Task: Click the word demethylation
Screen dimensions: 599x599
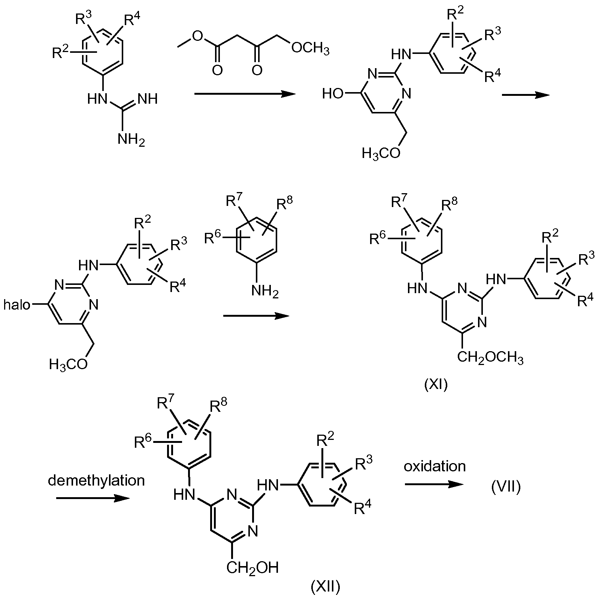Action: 96,480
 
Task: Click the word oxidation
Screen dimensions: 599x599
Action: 435,466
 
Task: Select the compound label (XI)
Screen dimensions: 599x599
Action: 436,385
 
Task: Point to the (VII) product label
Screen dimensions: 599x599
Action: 506,487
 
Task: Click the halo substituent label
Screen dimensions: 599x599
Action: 16,305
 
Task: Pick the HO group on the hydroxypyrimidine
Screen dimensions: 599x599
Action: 333,94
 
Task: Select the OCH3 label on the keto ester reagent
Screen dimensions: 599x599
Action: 310,49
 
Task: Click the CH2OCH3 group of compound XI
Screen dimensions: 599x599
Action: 490,358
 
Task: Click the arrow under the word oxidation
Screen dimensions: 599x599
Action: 435,484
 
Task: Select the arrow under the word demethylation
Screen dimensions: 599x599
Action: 93,499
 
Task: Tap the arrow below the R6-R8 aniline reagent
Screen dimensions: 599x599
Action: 256,316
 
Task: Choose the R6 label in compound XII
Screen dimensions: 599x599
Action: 143,442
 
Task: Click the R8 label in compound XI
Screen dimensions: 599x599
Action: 450,205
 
